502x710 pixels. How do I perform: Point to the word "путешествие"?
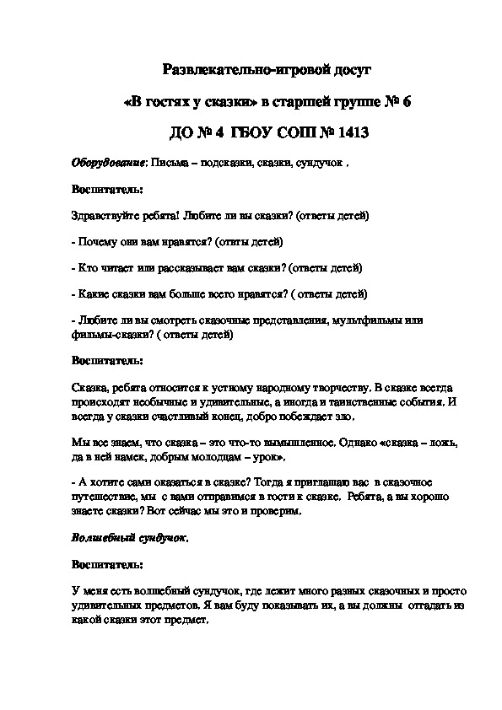click(105, 496)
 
